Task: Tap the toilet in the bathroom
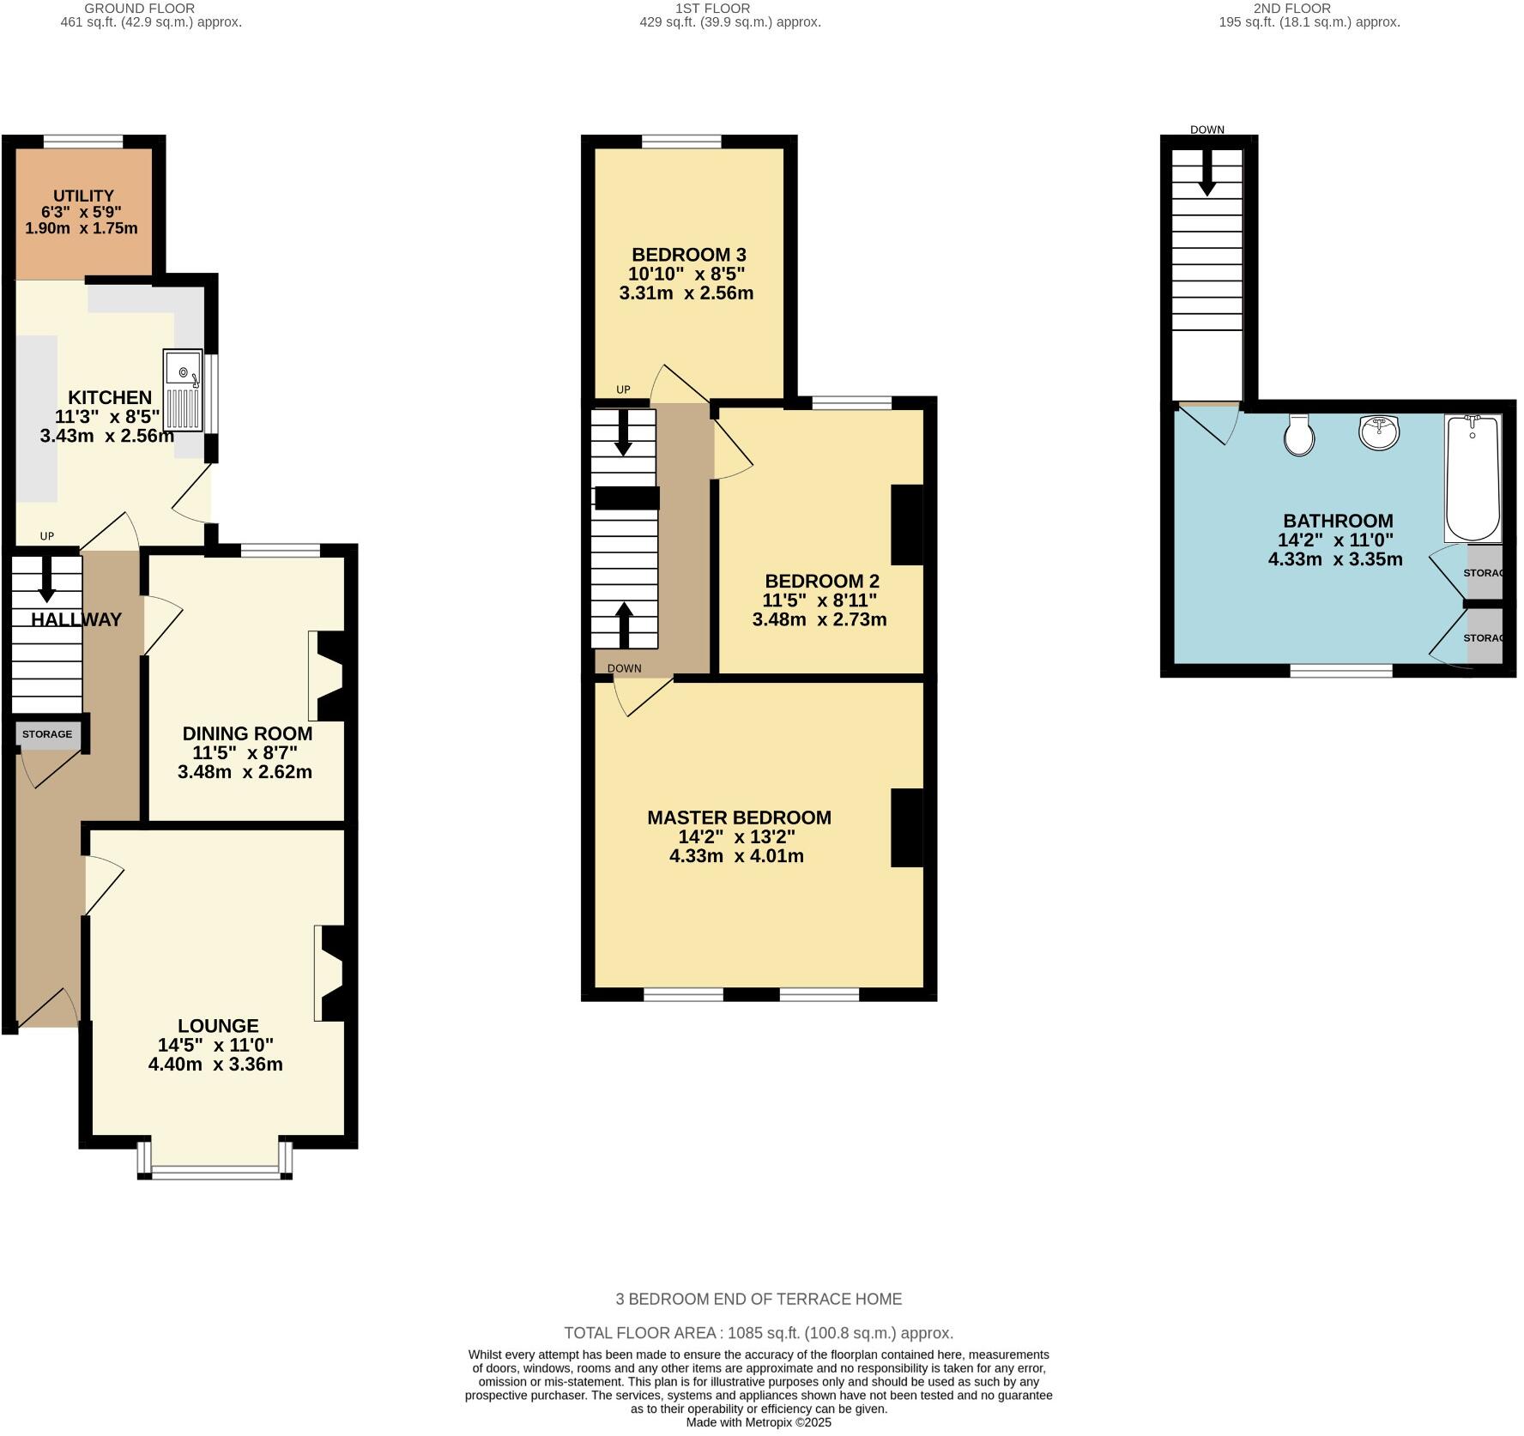[1298, 436]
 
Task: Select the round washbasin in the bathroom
[1379, 431]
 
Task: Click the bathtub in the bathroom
[1473, 478]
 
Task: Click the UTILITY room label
[83, 196]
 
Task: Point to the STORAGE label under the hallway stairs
[47, 734]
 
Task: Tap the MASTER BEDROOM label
[739, 818]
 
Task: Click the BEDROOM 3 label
[688, 255]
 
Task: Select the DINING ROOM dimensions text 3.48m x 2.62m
[245, 772]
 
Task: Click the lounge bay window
[215, 1172]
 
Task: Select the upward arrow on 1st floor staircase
[624, 624]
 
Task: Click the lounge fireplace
[331, 973]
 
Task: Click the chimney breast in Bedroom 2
[907, 525]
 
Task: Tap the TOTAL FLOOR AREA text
[759, 1333]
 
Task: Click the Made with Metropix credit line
[759, 1422]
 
